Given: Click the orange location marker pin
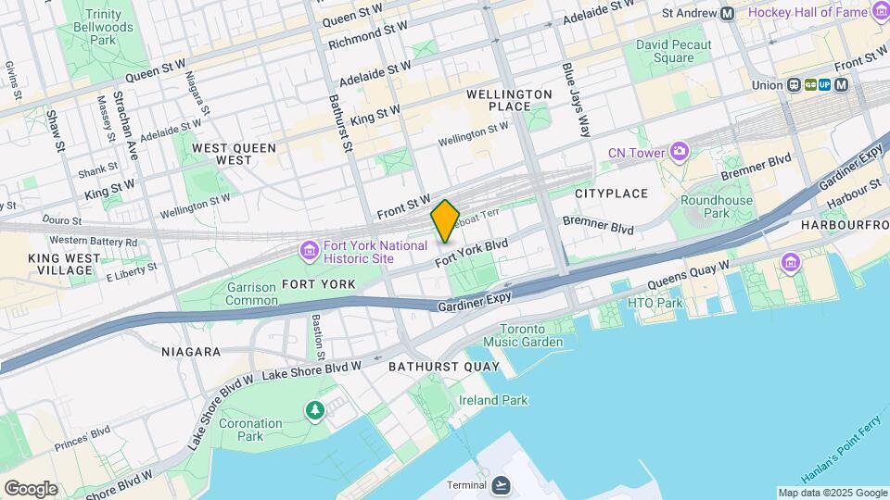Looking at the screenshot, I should tap(446, 220).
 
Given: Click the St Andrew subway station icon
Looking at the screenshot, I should tap(727, 13).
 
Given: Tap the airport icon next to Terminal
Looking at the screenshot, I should tap(502, 485).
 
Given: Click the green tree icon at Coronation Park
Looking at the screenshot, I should tap(315, 409).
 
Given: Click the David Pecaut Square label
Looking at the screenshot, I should tap(673, 51).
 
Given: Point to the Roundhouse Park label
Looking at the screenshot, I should tap(717, 206).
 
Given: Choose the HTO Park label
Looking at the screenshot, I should tap(655, 303).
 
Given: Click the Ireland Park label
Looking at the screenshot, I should tap(493, 400).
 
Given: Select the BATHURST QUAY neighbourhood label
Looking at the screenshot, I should tap(444, 367).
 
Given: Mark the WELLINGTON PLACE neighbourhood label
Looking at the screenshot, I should tap(509, 101).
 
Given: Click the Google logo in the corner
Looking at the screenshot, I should tap(31, 489).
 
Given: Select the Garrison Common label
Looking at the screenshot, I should tap(251, 294).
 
